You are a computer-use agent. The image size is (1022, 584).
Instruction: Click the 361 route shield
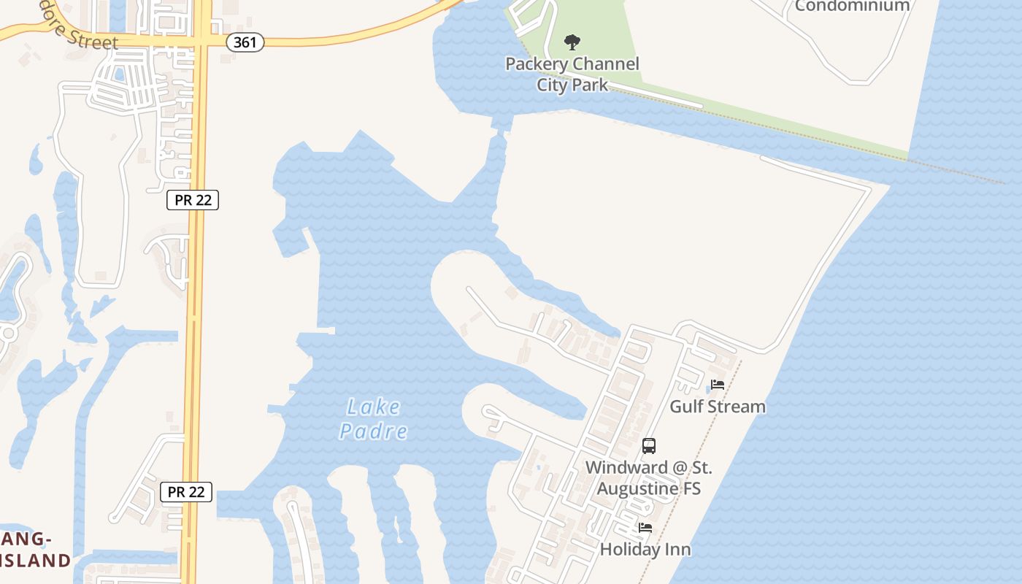pos(245,42)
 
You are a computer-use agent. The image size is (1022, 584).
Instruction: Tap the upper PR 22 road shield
pos(193,200)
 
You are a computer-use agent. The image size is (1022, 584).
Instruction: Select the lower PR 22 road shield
pos(186,492)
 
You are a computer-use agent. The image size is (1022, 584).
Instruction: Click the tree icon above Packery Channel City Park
pos(572,42)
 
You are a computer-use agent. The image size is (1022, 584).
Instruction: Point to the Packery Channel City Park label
pos(572,74)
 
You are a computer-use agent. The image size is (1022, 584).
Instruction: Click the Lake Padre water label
pos(373,418)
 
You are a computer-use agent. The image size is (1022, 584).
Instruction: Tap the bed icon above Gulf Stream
pos(718,385)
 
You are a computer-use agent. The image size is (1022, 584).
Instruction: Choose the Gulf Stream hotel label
pos(718,407)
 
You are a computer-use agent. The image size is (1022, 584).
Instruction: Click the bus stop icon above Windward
pos(648,445)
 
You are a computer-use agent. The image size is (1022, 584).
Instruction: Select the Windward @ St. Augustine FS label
pos(648,477)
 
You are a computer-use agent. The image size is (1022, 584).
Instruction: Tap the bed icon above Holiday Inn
pos(645,528)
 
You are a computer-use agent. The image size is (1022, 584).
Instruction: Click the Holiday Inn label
pos(645,549)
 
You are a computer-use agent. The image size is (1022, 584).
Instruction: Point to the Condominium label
pos(852,6)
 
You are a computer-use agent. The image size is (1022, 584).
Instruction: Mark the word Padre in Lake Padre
pos(373,431)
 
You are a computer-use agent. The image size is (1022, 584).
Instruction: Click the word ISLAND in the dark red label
pos(35,561)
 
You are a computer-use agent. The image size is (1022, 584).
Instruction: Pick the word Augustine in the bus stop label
pos(648,488)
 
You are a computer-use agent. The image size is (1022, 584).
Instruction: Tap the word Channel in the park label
pos(604,64)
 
